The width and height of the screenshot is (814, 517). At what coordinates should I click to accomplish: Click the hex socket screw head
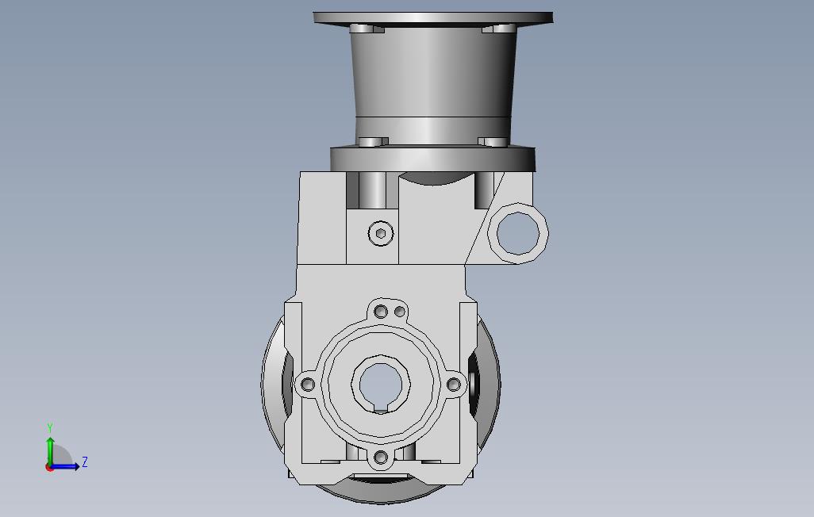(x=381, y=233)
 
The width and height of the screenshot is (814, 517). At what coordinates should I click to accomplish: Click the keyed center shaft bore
(x=381, y=385)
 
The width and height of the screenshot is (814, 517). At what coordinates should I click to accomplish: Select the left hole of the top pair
(x=381, y=312)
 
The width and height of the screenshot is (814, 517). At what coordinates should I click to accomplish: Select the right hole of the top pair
(x=400, y=312)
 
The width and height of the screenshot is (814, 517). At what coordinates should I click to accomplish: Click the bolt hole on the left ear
(x=308, y=385)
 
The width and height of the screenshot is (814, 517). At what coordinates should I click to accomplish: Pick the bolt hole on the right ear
(x=454, y=385)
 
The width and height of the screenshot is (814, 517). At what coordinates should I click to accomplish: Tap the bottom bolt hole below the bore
(x=381, y=458)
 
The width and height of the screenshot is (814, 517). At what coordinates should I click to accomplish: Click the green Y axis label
(x=50, y=427)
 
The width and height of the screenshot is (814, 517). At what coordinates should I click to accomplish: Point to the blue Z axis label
(x=85, y=461)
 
